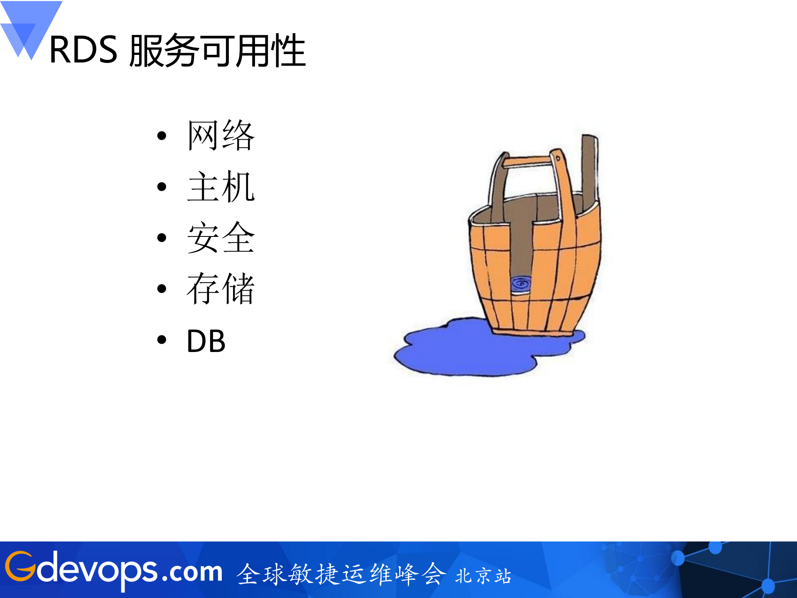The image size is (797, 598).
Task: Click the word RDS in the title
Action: tap(83, 50)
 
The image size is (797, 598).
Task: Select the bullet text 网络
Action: tap(221, 135)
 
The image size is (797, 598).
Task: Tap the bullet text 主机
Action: tap(221, 187)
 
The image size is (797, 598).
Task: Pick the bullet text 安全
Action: tap(221, 238)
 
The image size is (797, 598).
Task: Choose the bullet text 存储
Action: tap(221, 289)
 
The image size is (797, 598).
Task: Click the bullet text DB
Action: tap(206, 341)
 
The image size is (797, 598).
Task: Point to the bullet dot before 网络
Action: tap(162, 135)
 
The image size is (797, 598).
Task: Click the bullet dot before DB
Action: tap(162, 340)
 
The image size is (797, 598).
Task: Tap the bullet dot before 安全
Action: tap(162, 238)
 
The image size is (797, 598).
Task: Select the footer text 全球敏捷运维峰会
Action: tap(341, 574)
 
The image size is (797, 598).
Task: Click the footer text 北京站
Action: tap(483, 576)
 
